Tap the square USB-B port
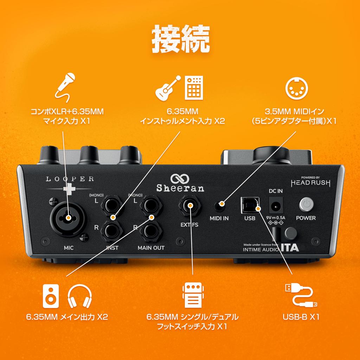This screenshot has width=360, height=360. pos(249,205)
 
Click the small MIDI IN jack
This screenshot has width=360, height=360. pos(220,206)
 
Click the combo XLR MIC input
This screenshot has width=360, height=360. pos(66,218)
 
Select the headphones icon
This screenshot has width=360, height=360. pos(79,297)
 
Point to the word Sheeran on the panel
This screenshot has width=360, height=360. pos(180,188)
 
